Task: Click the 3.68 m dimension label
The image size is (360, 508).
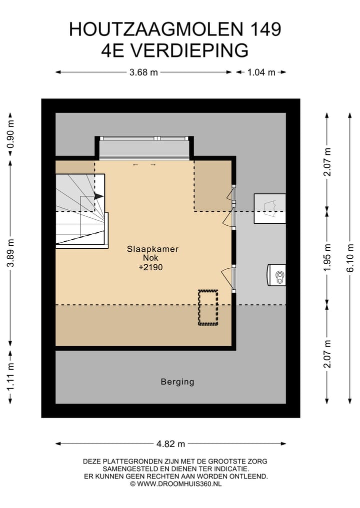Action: click(x=143, y=72)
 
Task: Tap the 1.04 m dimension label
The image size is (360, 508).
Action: click(x=261, y=72)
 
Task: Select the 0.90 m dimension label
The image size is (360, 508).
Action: click(x=10, y=134)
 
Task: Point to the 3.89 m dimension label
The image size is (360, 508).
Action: click(x=10, y=253)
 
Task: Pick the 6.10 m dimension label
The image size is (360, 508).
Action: click(x=350, y=259)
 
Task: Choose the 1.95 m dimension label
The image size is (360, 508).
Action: click(x=327, y=258)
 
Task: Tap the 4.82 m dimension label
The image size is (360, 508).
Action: click(x=170, y=444)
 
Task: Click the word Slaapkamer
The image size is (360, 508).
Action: click(x=153, y=249)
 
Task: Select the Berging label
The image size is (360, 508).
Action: click(x=177, y=382)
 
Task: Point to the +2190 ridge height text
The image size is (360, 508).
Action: click(x=150, y=267)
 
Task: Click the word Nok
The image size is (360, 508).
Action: click(x=151, y=258)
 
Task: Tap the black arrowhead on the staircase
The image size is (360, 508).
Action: click(x=99, y=196)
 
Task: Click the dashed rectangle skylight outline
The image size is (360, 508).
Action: click(x=208, y=308)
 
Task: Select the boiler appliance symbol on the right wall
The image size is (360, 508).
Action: click(x=276, y=275)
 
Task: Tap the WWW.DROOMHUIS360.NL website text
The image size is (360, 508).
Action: click(x=179, y=484)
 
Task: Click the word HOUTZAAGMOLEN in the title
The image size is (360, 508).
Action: click(x=156, y=29)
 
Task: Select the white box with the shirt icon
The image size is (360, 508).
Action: click(x=270, y=209)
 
